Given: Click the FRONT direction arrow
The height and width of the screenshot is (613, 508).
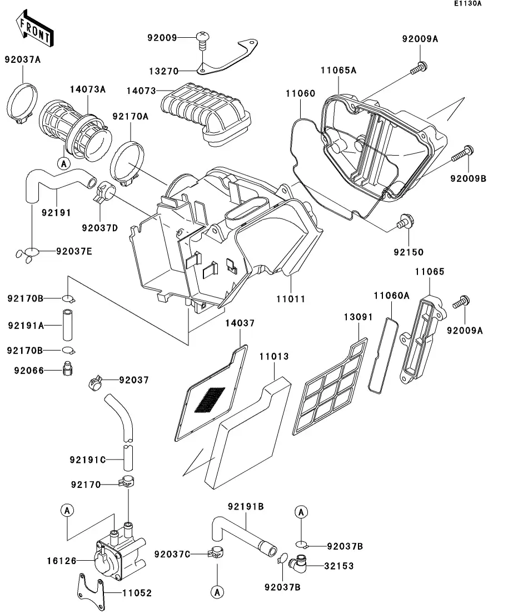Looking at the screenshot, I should tap(34, 29).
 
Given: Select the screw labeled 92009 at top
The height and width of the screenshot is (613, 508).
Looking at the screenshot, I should tap(203, 39).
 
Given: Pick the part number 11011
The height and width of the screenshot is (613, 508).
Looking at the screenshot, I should tap(291, 298).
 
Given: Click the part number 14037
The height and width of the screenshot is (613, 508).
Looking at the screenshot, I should tap(240, 322).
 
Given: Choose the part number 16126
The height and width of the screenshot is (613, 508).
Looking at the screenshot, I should tap(61, 561).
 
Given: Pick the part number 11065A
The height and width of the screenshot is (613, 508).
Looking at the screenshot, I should tap(338, 70).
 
